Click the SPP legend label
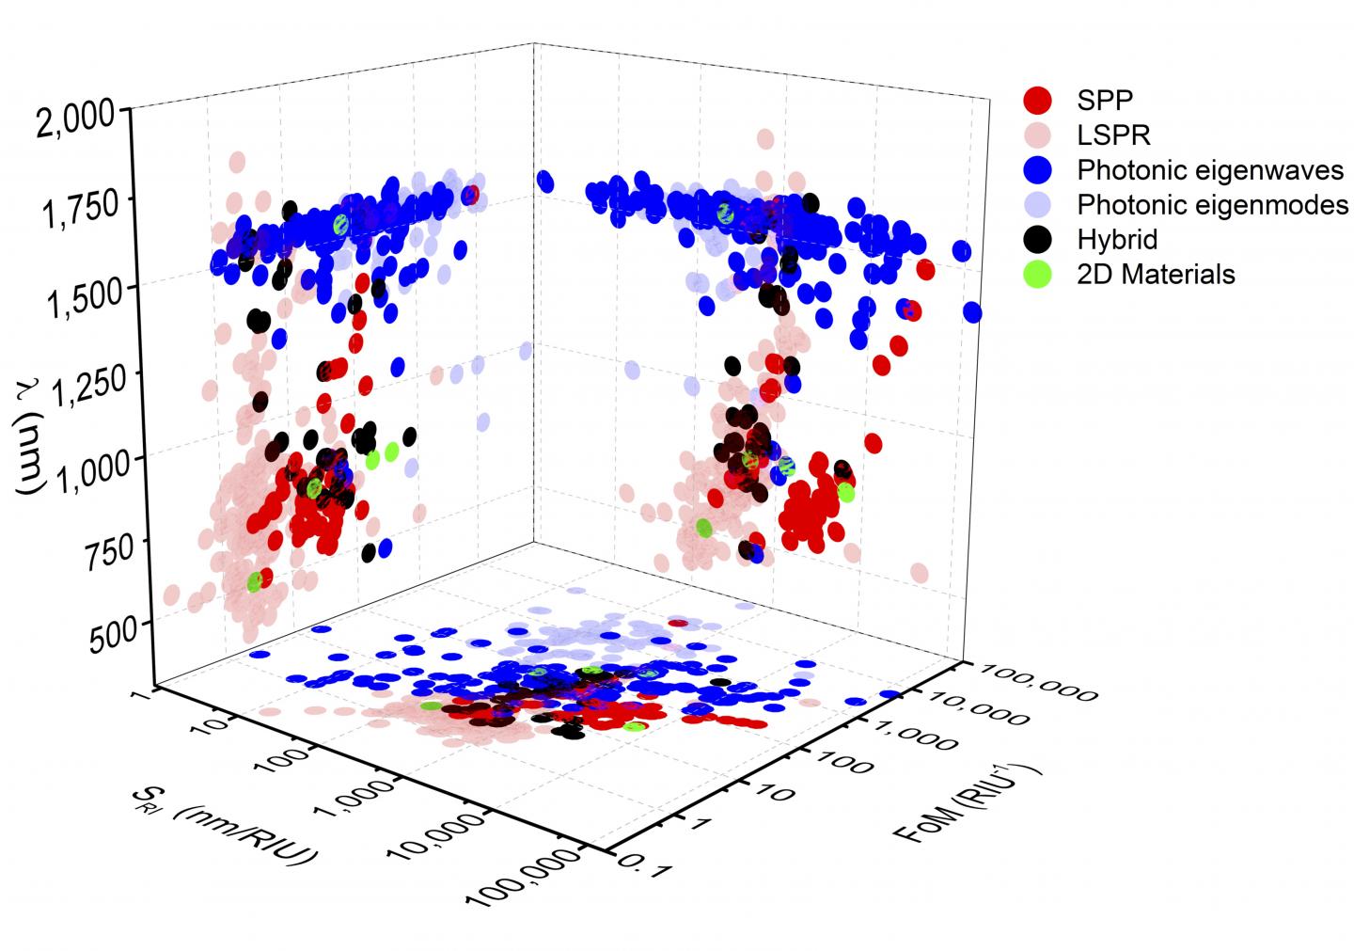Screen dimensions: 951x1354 pyautogui.click(x=1105, y=99)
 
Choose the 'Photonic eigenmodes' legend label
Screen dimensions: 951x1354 pyautogui.click(x=1213, y=204)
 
